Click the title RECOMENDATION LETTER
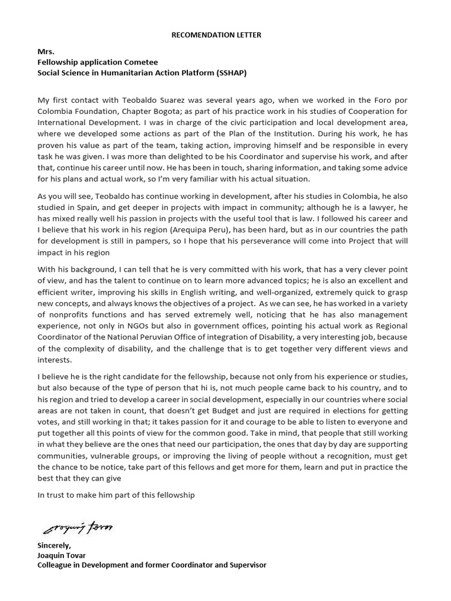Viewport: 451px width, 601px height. coord(216,35)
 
